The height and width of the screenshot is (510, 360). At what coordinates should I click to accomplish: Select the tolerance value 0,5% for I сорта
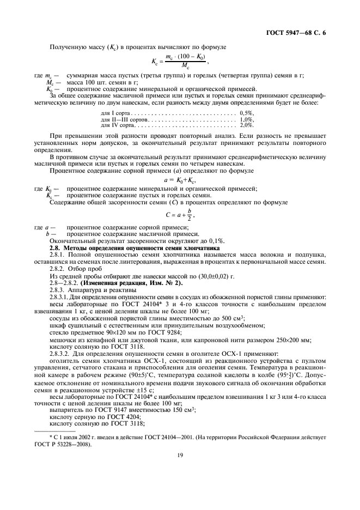point(246,113)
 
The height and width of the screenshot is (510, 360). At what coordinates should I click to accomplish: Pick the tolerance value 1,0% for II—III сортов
point(246,119)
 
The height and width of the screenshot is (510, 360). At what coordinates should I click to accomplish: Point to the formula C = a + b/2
point(179,214)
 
